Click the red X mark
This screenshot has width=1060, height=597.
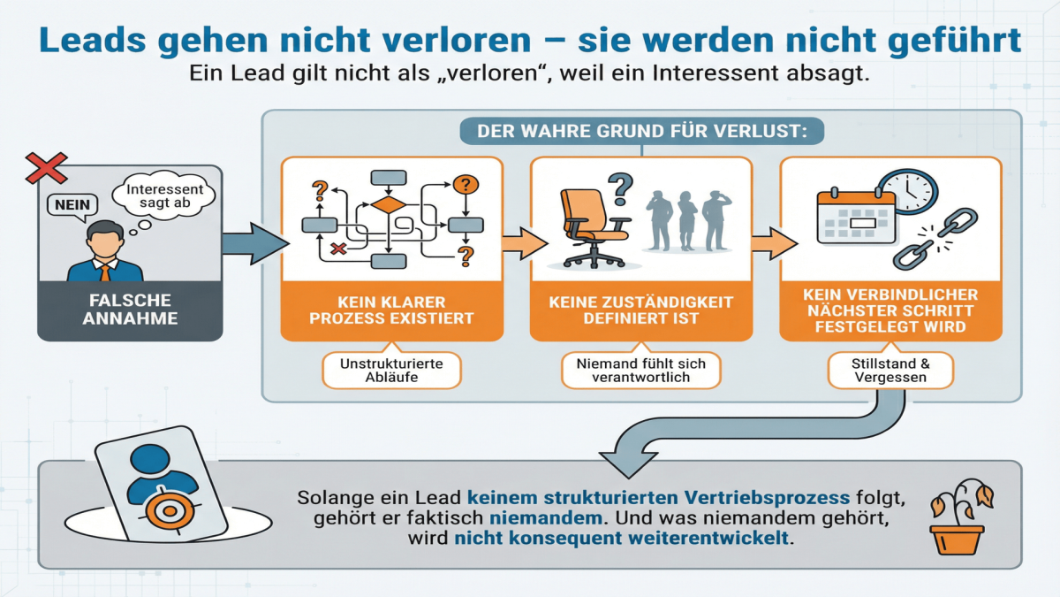[x=46, y=167]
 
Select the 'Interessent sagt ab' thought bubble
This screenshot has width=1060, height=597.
[x=164, y=196]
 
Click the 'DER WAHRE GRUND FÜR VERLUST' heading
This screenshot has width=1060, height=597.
[x=641, y=132]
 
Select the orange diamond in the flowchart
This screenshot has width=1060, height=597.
[x=387, y=205]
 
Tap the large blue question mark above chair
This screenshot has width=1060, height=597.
[x=623, y=187]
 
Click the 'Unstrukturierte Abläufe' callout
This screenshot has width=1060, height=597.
[x=391, y=370]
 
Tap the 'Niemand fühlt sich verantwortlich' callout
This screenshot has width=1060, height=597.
[x=641, y=370]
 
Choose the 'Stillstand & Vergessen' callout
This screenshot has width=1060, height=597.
[x=890, y=370]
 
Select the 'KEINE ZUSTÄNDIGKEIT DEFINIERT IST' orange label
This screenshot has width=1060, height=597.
[x=641, y=310]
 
